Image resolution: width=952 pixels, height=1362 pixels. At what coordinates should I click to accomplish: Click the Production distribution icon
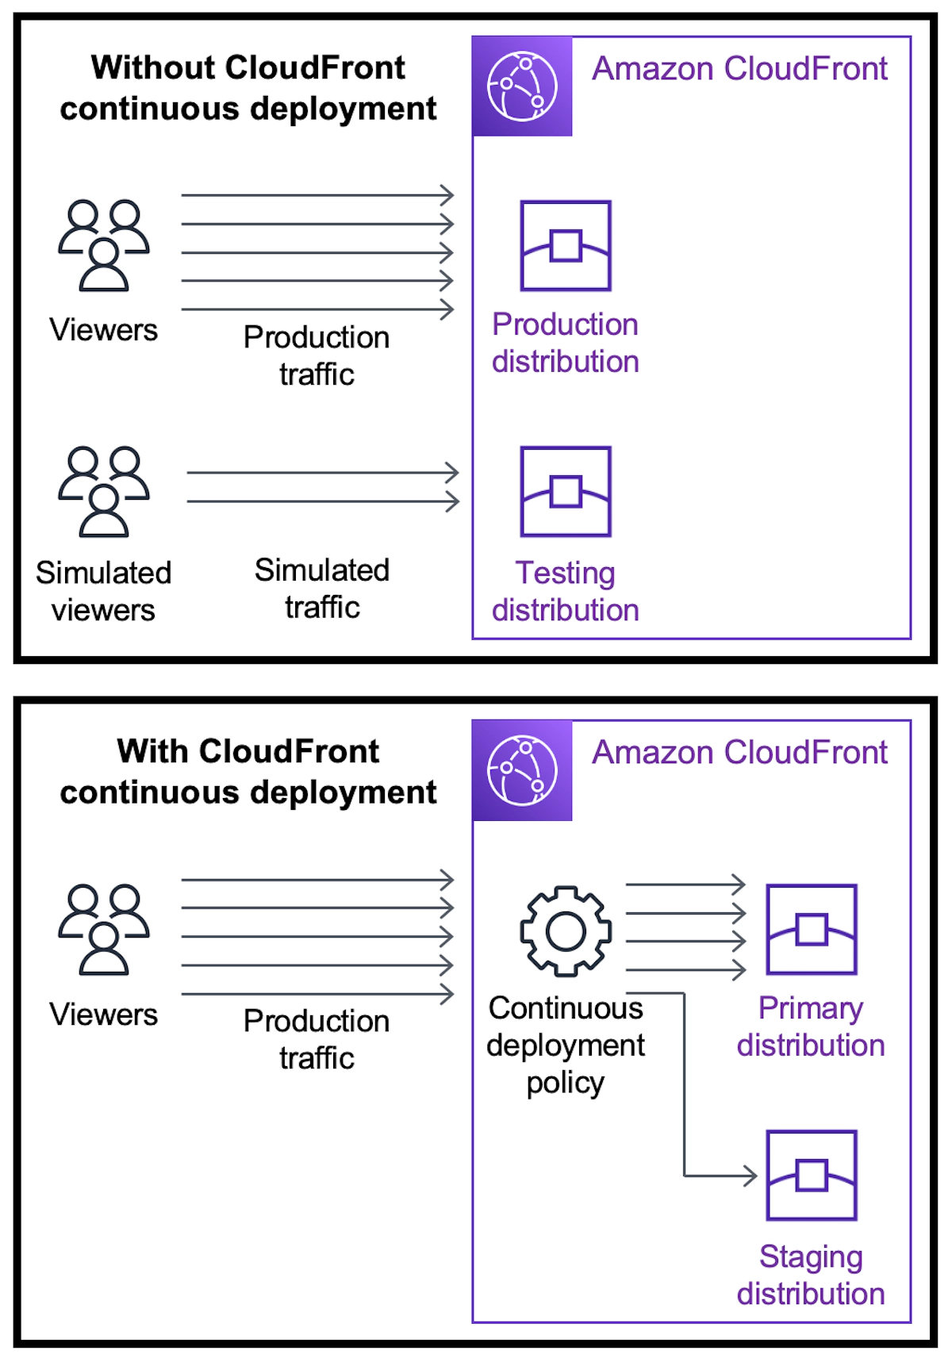pyautogui.click(x=565, y=246)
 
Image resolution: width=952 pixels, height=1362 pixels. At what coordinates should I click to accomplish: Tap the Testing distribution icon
pyautogui.click(x=565, y=492)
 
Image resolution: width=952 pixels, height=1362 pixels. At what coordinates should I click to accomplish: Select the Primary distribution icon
pyautogui.click(x=811, y=930)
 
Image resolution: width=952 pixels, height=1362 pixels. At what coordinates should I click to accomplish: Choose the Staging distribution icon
pyautogui.click(x=811, y=1176)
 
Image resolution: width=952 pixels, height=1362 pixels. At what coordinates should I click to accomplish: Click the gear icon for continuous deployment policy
pyautogui.click(x=566, y=930)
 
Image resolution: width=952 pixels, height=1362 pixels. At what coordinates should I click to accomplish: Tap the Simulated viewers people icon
pyautogui.click(x=104, y=492)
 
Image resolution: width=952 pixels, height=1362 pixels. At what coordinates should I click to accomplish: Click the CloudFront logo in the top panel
pyautogui.click(x=522, y=86)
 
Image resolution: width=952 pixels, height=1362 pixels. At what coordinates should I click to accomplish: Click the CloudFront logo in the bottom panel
pyautogui.click(x=522, y=770)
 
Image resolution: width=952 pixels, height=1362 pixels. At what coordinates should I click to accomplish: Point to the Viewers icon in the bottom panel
pyautogui.click(x=104, y=930)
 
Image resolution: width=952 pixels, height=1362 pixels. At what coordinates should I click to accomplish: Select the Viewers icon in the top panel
pyautogui.click(x=104, y=246)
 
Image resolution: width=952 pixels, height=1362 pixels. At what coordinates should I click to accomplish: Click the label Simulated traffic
pyautogui.click(x=322, y=589)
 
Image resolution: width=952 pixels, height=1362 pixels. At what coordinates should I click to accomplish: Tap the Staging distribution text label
pyautogui.click(x=811, y=1275)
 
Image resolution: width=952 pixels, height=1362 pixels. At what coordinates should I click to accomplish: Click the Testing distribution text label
pyautogui.click(x=565, y=591)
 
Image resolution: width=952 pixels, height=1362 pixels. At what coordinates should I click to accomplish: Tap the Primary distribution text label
pyautogui.click(x=811, y=1026)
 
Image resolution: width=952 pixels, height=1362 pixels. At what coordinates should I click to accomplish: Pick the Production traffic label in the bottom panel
pyautogui.click(x=317, y=1039)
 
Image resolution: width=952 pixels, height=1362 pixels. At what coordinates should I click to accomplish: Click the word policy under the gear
pyautogui.click(x=565, y=1083)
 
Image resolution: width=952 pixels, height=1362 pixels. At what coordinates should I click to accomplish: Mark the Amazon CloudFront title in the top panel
pyautogui.click(x=739, y=69)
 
